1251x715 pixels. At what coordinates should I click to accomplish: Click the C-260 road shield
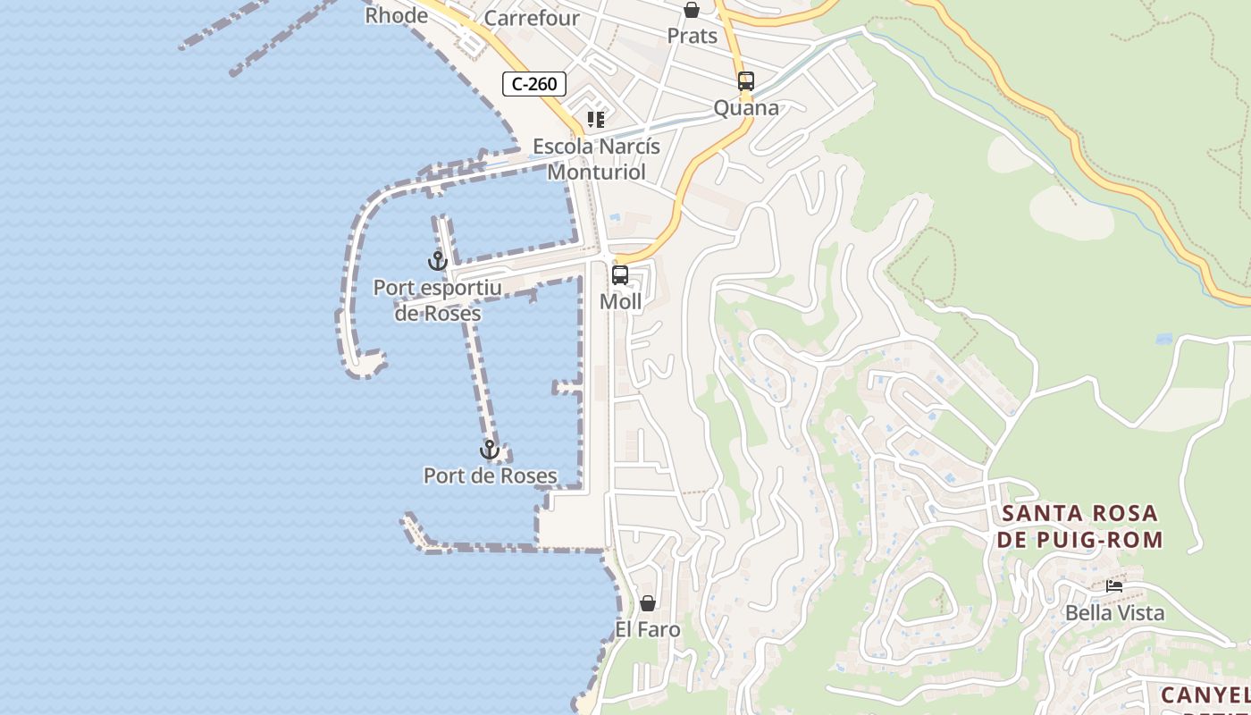coord(534,84)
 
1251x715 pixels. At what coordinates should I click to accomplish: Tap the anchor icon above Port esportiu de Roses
coord(437,261)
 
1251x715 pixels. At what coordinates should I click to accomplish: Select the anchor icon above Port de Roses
coord(489,449)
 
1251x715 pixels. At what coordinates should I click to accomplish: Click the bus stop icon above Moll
coord(620,275)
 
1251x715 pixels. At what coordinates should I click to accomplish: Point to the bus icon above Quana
coord(746,81)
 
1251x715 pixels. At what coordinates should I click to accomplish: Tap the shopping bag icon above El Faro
coord(648,603)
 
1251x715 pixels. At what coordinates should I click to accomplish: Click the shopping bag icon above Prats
coord(692,10)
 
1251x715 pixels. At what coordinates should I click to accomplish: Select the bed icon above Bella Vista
coord(1114,586)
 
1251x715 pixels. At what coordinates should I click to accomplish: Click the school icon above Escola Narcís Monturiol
coord(596,120)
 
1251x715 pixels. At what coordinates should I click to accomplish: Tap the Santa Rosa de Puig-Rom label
coord(1080,526)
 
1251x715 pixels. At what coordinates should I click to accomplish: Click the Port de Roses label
coord(491,475)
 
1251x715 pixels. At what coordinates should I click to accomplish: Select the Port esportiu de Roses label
coord(438,300)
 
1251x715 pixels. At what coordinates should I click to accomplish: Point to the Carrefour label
coord(532,18)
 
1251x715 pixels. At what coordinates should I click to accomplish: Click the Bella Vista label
coord(1114,613)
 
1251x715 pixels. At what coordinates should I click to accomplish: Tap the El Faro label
coord(648,629)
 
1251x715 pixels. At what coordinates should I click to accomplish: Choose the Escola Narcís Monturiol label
coord(597,158)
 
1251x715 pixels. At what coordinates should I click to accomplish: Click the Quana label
coord(746,108)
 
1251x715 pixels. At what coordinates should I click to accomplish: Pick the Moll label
coord(620,301)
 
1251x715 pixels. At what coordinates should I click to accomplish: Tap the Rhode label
coord(396,15)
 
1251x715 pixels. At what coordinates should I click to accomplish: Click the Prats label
coord(693,36)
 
